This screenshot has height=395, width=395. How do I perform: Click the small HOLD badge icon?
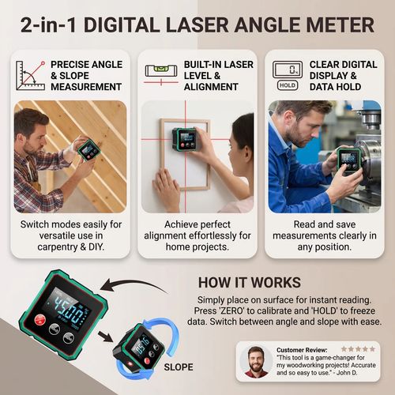tap(288, 85)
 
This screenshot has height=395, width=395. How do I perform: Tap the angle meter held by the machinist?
tap(349, 160)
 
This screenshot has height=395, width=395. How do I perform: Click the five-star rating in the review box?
tap(358, 348)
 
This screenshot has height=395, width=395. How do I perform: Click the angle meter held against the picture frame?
tap(188, 141)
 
